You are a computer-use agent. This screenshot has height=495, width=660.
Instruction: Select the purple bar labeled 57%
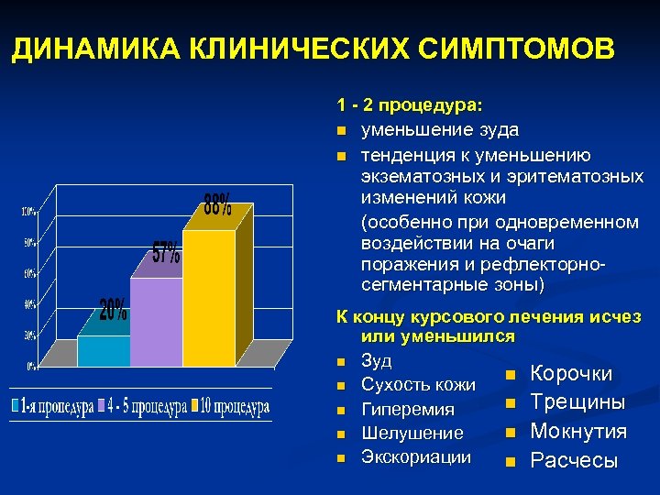[156, 321]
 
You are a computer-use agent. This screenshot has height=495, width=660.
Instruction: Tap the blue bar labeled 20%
[103, 350]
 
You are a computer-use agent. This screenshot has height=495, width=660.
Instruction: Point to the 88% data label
[217, 204]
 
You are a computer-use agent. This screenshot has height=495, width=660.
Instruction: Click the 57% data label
[166, 254]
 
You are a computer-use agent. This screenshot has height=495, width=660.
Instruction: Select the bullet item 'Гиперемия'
[408, 409]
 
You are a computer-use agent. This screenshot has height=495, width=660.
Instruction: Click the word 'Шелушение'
[412, 433]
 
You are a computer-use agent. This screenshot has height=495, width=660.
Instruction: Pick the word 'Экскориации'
[416, 456]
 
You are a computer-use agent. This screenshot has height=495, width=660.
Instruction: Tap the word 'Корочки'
[571, 374]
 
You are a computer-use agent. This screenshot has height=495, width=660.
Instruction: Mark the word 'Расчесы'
[575, 460]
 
